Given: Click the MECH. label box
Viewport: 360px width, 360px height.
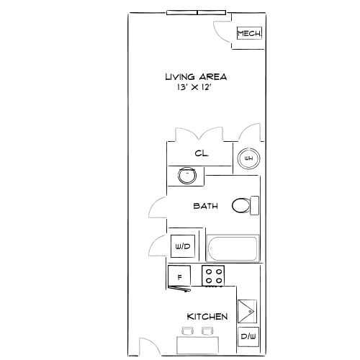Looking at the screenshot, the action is click(249, 33).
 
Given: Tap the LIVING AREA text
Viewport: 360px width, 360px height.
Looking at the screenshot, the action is click(196, 77).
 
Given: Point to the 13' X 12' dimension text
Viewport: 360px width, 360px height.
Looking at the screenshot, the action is click(194, 87).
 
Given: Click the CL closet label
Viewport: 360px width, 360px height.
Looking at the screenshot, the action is click(202, 153).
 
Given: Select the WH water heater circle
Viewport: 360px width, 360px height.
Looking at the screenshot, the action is click(248, 158).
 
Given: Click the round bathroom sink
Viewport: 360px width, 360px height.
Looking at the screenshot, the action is click(187, 176).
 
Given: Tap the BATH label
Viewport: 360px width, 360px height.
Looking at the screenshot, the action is click(206, 206).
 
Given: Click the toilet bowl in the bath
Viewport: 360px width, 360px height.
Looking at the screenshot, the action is click(240, 206).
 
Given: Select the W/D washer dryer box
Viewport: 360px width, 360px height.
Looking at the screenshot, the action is click(183, 246).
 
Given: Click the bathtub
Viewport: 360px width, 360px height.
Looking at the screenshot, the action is click(233, 248).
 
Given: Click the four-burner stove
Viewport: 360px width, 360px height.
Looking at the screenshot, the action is click(213, 276).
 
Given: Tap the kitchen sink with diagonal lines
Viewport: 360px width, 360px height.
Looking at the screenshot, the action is click(247, 311).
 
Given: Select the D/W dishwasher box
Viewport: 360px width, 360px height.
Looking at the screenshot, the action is click(248, 336).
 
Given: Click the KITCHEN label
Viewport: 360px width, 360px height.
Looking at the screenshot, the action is click(207, 317).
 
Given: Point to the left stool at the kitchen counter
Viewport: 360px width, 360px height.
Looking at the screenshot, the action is click(187, 331).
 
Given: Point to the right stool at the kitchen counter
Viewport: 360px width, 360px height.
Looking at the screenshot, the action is click(207, 331).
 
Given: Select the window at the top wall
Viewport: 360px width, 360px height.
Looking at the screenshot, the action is click(197, 12).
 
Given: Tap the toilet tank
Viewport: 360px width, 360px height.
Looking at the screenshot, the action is click(254, 205).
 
